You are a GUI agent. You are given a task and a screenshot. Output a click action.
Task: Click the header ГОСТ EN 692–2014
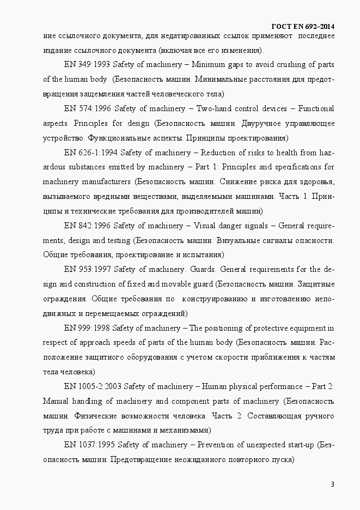pos(302,27)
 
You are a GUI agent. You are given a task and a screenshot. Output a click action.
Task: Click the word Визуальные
pos(240,240)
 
